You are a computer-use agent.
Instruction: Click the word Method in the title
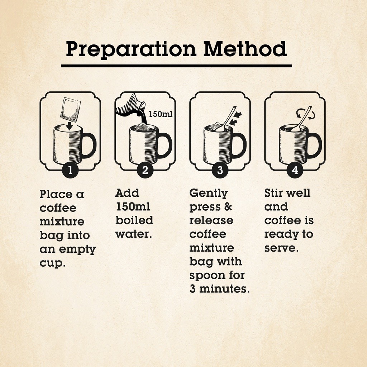click(245, 49)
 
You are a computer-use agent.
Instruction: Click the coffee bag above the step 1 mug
click(71, 109)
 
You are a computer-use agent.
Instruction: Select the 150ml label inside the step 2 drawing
click(161, 114)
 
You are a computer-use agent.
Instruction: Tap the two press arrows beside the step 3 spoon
click(236, 118)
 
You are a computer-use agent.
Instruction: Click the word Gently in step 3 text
click(209, 194)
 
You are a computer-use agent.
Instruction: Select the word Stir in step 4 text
click(273, 193)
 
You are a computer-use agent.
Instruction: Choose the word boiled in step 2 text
click(134, 220)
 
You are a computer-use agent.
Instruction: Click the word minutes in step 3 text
click(224, 289)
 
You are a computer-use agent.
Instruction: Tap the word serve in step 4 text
click(281, 248)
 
